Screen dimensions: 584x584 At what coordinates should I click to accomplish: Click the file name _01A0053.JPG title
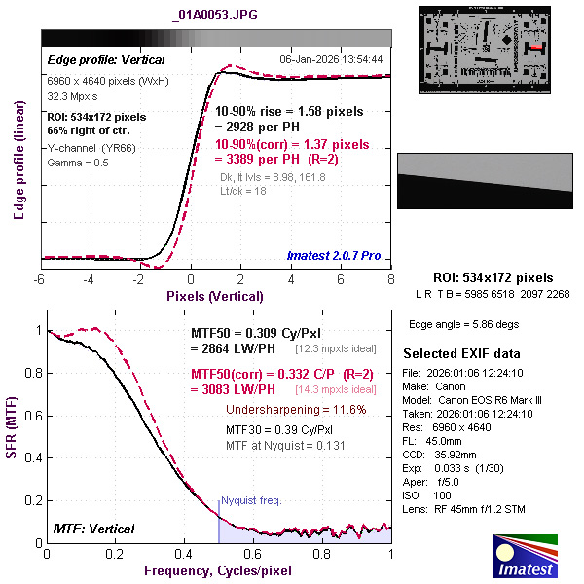pos(216,16)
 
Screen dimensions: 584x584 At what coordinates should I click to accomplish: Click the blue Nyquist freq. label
pos(252,500)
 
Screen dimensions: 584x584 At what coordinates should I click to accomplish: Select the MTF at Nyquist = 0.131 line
pos(285,445)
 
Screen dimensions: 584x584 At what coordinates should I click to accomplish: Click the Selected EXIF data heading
pos(461,353)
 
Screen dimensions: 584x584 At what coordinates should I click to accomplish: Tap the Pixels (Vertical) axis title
pos(215,295)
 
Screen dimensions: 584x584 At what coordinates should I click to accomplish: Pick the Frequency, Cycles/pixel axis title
pos(217,569)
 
